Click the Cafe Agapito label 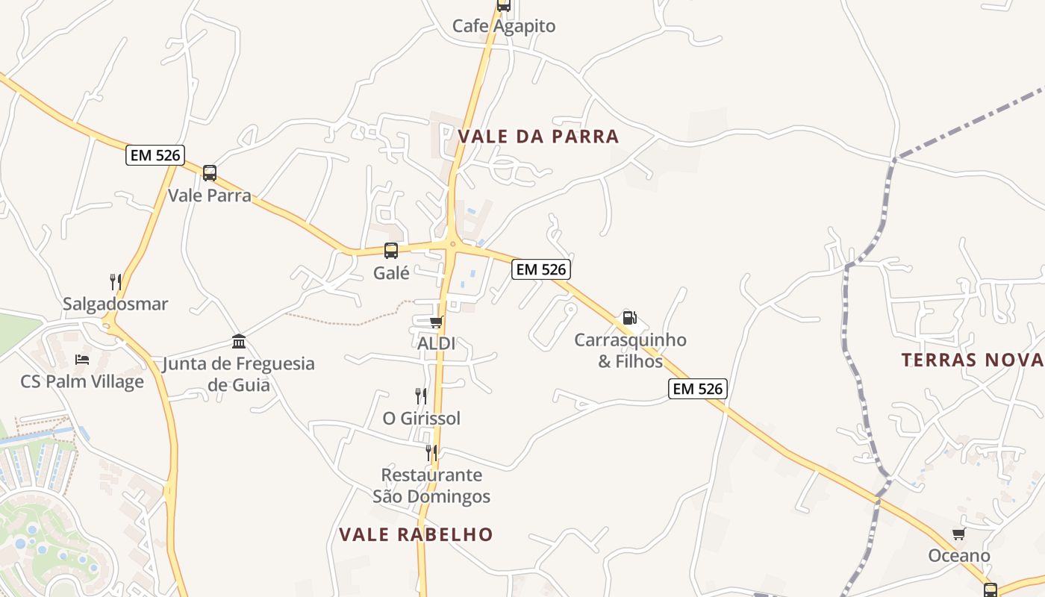(x=504, y=26)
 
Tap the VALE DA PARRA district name (x=538, y=137)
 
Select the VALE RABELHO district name (x=416, y=534)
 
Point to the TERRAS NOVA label (x=972, y=360)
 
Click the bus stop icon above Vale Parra (x=210, y=173)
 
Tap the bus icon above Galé (x=391, y=251)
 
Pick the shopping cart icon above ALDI (x=436, y=322)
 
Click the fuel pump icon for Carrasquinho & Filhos (x=629, y=318)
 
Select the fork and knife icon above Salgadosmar (x=116, y=281)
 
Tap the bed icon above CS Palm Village (x=82, y=360)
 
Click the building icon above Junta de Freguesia (x=239, y=342)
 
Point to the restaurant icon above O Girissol (x=421, y=396)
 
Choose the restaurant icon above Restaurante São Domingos (x=431, y=452)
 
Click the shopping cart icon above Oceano (x=959, y=534)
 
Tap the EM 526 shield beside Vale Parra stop (x=155, y=155)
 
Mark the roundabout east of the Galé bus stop (x=452, y=243)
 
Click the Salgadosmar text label (x=116, y=304)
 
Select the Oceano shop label (x=959, y=555)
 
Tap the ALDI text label (x=436, y=343)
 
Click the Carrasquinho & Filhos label (x=630, y=351)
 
